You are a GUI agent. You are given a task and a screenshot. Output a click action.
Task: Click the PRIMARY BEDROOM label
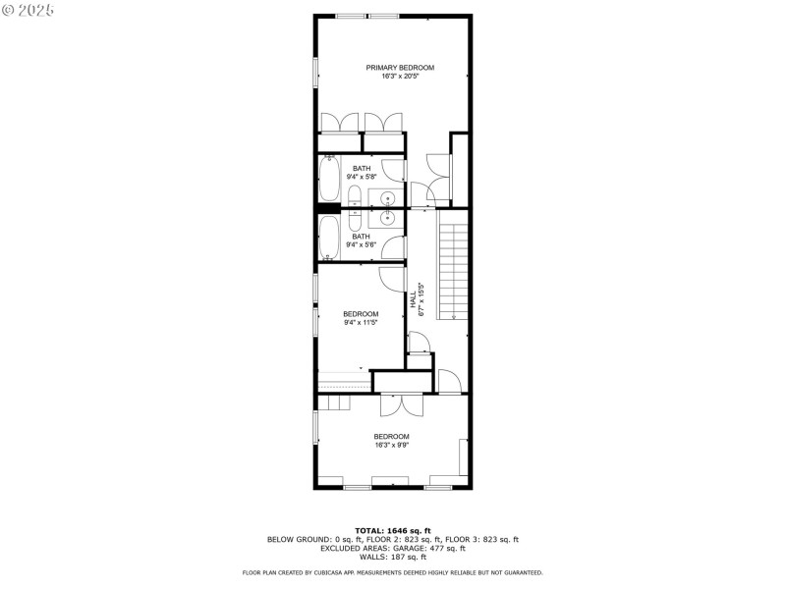(x=400, y=68)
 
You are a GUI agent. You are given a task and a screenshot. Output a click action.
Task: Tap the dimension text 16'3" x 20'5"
(x=400, y=76)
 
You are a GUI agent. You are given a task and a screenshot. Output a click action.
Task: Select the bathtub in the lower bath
(x=329, y=238)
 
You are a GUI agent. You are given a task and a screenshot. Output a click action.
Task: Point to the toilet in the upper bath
(x=355, y=194)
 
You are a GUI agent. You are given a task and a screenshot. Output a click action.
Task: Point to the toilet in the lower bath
(x=355, y=217)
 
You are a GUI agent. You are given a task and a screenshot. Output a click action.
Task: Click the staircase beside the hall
(x=453, y=270)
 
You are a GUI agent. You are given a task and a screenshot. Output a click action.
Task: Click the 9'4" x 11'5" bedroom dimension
(x=361, y=322)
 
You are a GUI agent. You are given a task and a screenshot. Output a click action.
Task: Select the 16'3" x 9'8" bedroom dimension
(x=391, y=445)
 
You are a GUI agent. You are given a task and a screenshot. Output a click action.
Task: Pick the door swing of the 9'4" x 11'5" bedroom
(x=390, y=277)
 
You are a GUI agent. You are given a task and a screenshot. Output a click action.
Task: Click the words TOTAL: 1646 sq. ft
(x=392, y=530)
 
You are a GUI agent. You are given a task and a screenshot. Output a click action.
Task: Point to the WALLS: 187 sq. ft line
(x=392, y=556)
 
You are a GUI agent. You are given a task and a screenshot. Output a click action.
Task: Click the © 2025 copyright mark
(x=28, y=9)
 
